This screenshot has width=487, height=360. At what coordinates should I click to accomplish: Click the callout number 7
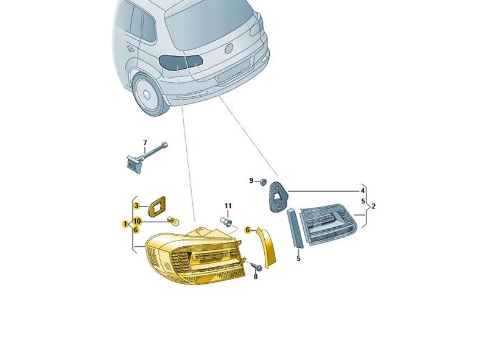[x=145, y=143]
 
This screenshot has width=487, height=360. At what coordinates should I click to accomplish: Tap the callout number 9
[x=251, y=181]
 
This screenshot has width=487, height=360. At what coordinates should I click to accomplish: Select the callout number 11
[x=228, y=206]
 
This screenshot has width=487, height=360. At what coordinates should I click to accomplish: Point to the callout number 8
[x=256, y=277]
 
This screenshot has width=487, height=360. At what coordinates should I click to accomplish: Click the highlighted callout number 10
[x=137, y=221]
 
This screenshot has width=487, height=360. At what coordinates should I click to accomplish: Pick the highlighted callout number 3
[x=136, y=205]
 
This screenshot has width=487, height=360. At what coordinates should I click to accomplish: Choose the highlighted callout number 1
[x=125, y=224]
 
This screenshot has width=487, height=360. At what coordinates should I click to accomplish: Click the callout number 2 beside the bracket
[x=373, y=206]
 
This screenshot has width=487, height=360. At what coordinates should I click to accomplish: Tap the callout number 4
[x=362, y=191]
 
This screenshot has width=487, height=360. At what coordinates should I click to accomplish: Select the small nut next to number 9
[x=263, y=182]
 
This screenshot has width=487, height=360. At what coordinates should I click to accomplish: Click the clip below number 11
[x=226, y=222]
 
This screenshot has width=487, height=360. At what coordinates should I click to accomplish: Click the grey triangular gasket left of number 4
[x=278, y=197]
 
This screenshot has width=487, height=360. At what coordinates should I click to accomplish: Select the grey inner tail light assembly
[x=329, y=224]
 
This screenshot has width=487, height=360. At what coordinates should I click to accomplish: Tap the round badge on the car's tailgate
[x=229, y=48]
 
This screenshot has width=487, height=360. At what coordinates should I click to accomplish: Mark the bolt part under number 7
[x=145, y=158]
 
